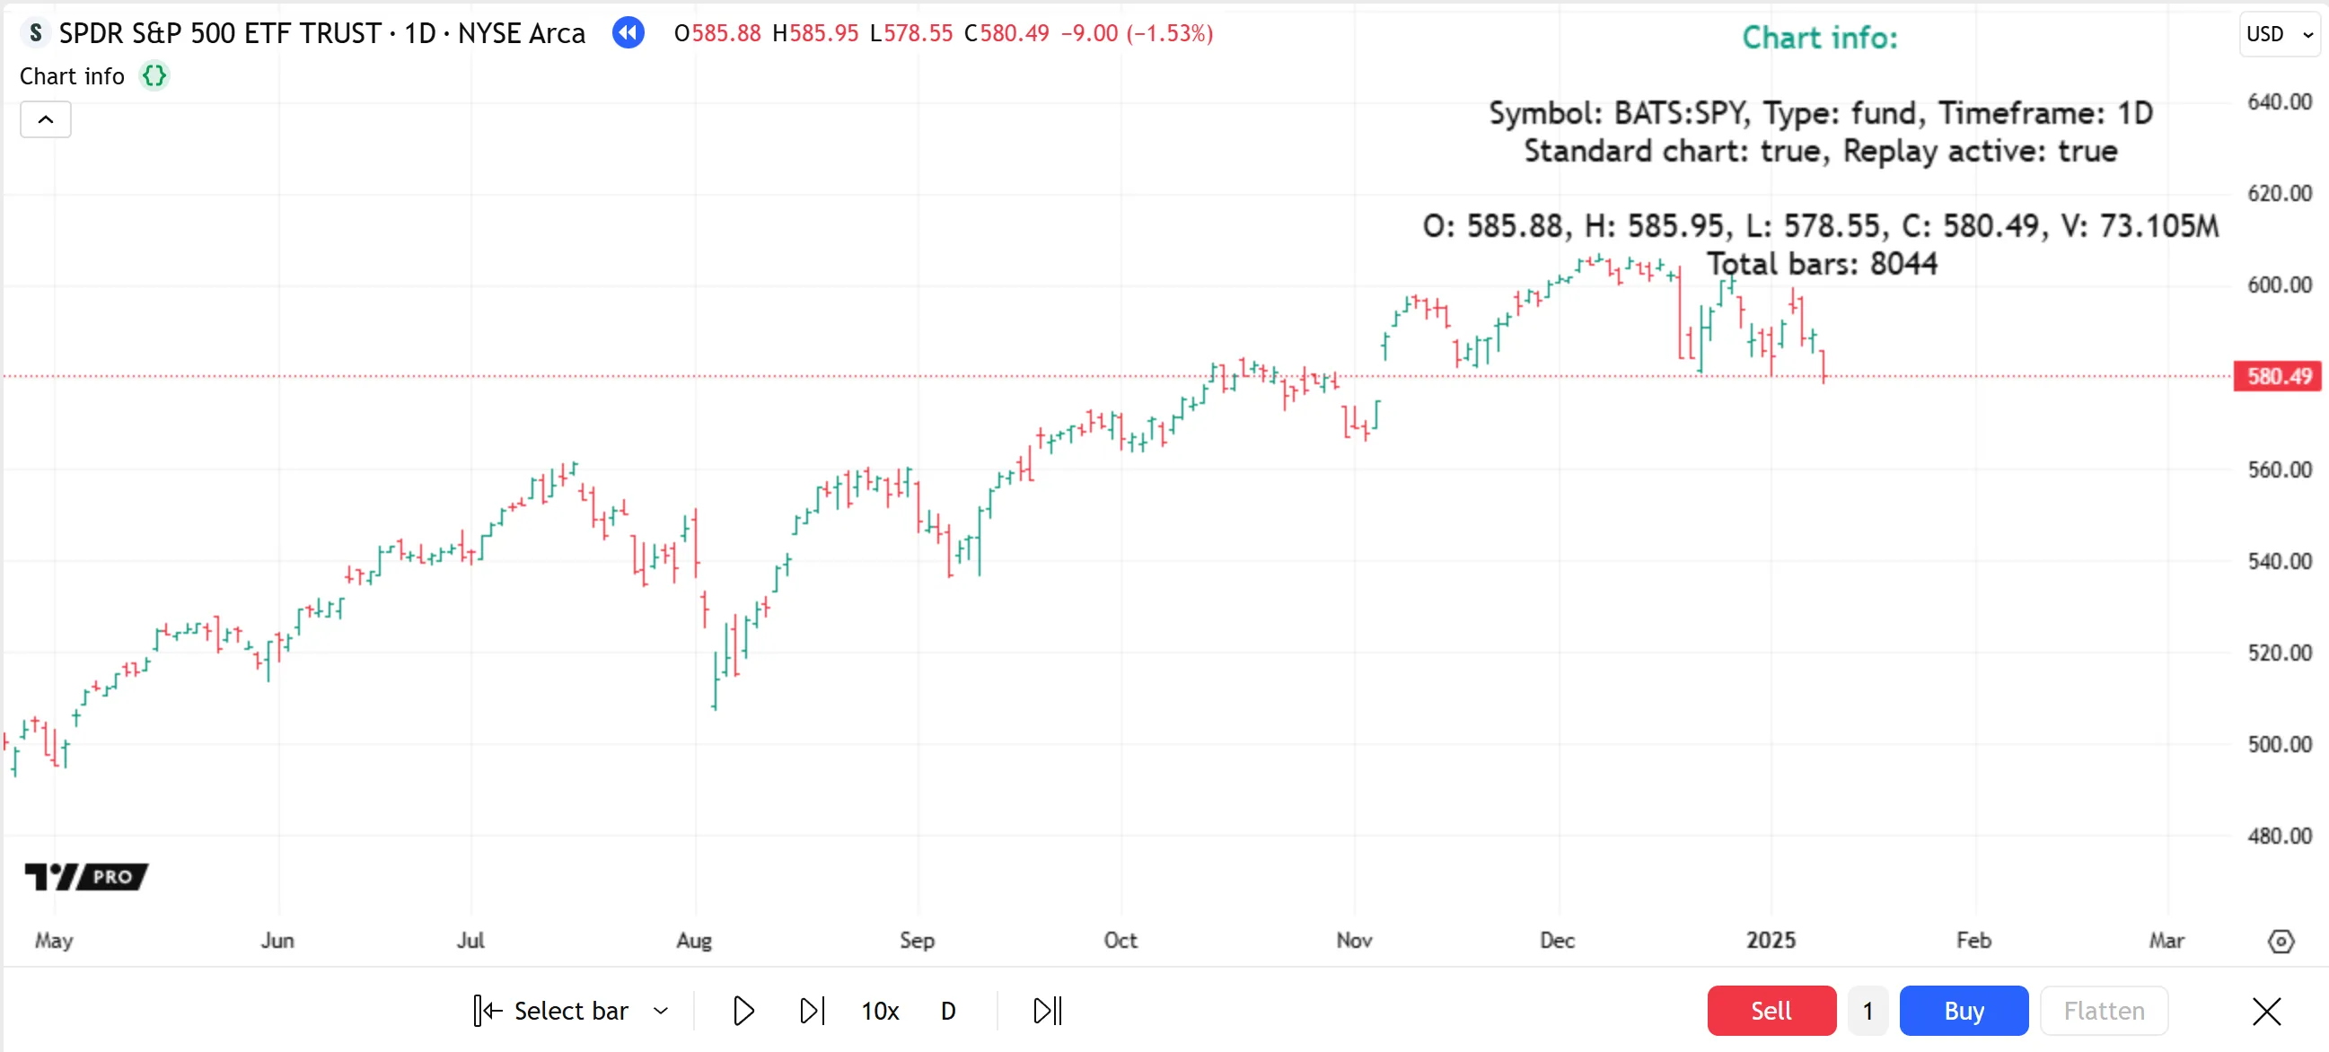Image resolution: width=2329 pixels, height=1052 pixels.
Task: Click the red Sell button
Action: point(1771,1010)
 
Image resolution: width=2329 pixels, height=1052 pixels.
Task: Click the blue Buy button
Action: point(1963,1010)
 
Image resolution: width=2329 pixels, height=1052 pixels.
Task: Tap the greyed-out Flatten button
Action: point(2103,1010)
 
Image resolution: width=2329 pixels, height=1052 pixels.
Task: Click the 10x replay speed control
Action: point(879,1011)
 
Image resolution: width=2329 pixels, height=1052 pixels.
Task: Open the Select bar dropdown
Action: point(661,1011)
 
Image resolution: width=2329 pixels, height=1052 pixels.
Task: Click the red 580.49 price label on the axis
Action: point(2279,376)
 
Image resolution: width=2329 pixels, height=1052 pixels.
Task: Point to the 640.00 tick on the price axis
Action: point(2279,101)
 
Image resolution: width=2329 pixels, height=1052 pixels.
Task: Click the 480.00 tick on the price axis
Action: point(2279,835)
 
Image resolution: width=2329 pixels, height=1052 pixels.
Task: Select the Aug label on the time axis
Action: point(693,940)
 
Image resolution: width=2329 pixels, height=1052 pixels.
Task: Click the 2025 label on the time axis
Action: point(1770,940)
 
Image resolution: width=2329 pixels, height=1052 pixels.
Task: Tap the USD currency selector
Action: point(2279,34)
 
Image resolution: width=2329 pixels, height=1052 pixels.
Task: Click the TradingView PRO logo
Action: point(87,876)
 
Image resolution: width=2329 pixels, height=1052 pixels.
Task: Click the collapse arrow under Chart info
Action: point(45,119)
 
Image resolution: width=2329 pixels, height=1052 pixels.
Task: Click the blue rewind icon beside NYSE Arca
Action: point(628,33)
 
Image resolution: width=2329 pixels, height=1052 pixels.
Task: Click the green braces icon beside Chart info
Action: point(154,76)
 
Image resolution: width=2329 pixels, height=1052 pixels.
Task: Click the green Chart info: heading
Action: point(1819,38)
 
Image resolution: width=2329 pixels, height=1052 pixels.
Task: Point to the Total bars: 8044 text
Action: point(1821,264)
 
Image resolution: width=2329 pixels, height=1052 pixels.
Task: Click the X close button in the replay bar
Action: point(2266,1011)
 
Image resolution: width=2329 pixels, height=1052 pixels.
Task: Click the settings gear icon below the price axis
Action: point(2281,941)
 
